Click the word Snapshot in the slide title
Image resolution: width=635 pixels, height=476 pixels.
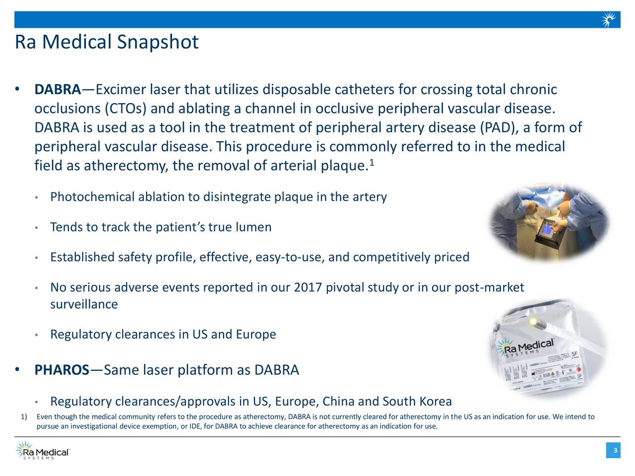point(158,42)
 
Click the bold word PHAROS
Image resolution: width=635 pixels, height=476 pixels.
point(62,370)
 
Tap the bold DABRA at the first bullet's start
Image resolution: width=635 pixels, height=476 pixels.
point(58,90)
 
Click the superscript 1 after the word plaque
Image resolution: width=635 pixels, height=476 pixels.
point(372,163)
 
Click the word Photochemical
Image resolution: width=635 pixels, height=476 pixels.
point(92,197)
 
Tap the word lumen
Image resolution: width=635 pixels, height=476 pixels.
point(253,228)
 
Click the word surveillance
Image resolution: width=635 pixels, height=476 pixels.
point(84,304)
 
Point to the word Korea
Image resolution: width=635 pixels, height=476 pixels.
point(435,401)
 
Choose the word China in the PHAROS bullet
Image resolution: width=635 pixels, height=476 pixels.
point(338,401)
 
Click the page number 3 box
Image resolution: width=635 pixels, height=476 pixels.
point(615,450)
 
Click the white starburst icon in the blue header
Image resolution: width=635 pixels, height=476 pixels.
point(609,20)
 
